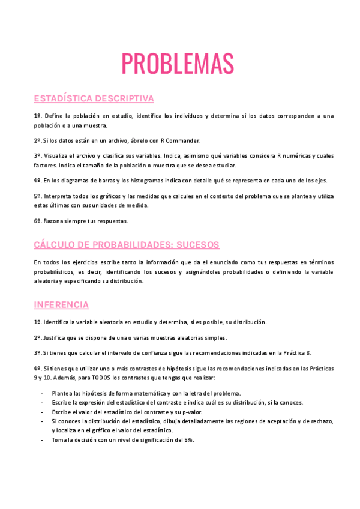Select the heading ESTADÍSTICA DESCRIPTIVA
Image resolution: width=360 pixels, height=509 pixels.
pyautogui.click(x=94, y=98)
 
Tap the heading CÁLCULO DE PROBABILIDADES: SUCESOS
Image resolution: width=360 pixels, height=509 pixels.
pyautogui.click(x=127, y=245)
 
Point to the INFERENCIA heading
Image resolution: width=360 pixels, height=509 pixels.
pyautogui.click(x=61, y=304)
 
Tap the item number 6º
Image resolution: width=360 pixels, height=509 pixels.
pyautogui.click(x=37, y=221)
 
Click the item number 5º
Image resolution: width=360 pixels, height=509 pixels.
pyautogui.click(x=37, y=196)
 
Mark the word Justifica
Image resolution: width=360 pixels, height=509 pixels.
pyautogui.click(x=56, y=337)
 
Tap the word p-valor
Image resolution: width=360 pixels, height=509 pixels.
pyautogui.click(x=191, y=412)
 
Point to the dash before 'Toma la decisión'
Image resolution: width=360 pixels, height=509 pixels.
pyautogui.click(x=41, y=439)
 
